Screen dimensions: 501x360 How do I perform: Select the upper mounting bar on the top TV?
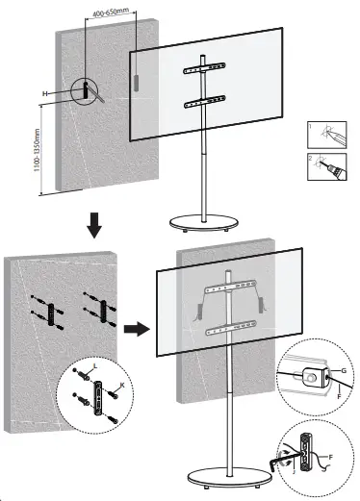[202, 70]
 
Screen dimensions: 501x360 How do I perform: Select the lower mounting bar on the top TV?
[202, 96]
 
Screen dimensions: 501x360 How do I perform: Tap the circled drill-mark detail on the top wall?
[87, 91]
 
